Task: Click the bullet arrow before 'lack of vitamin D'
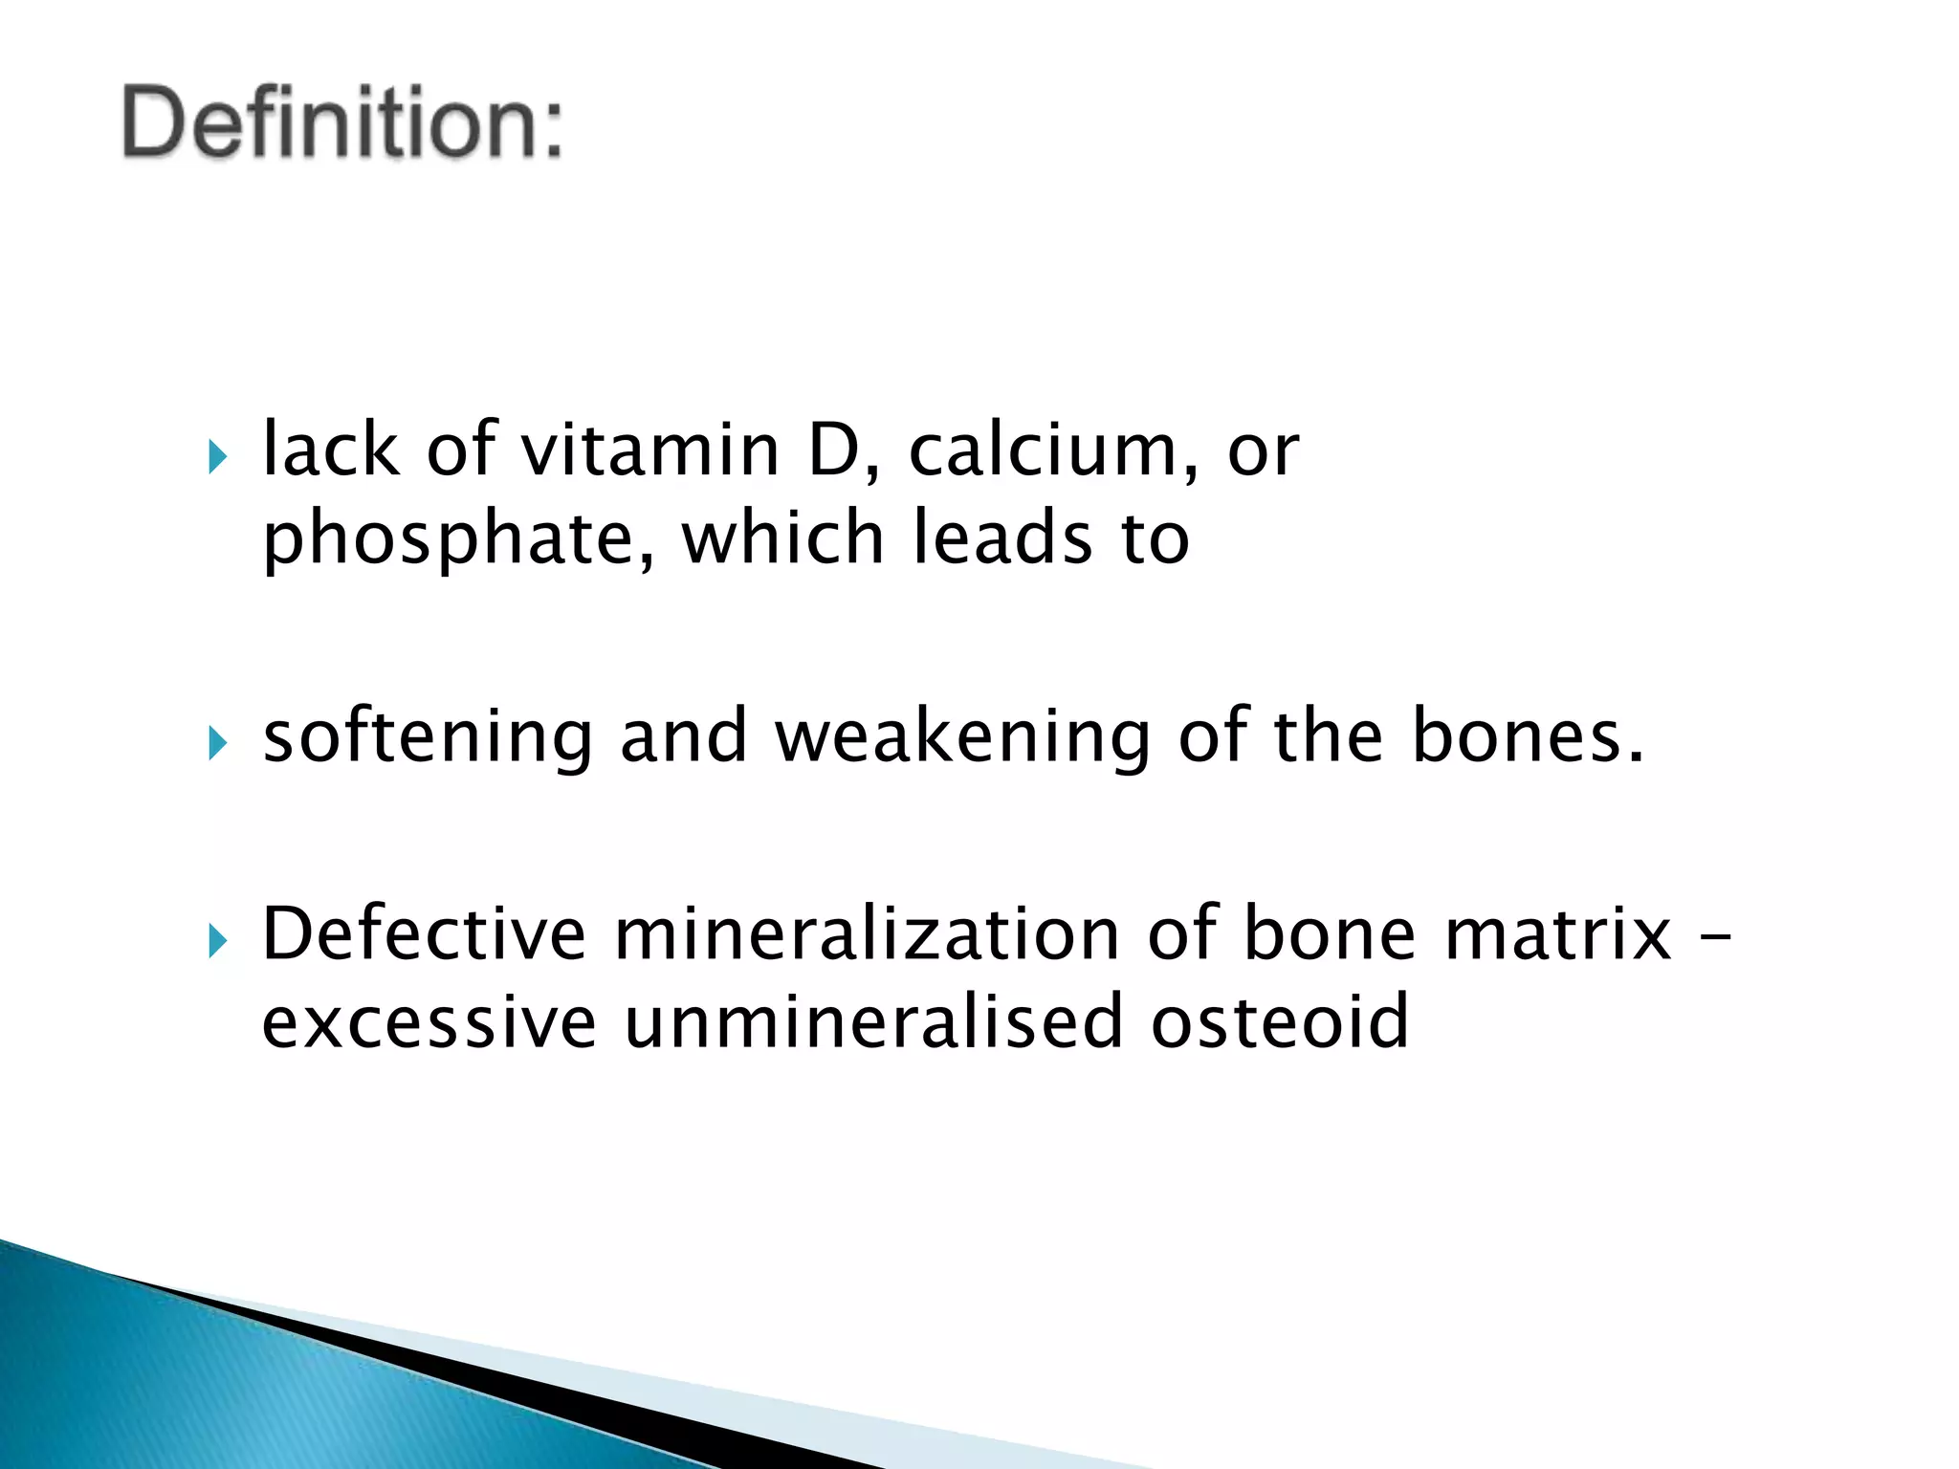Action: point(218,457)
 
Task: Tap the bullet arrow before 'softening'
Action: point(218,743)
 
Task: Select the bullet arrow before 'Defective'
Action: point(218,942)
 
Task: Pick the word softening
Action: point(428,738)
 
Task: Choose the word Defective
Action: point(424,934)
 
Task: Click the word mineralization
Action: point(867,934)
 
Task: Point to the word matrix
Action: point(1558,934)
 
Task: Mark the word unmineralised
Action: point(873,1021)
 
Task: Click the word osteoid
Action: point(1280,1021)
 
